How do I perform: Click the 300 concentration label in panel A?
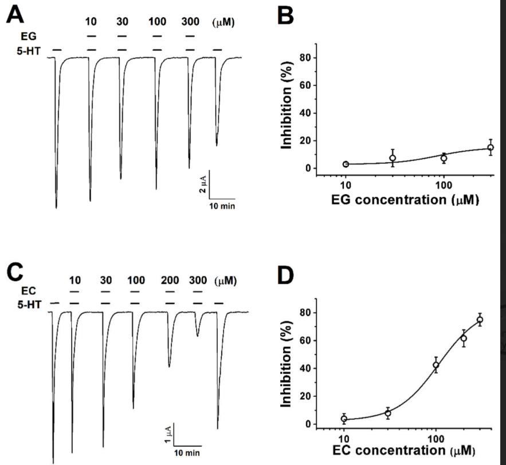191,22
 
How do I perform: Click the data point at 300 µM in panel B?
491,148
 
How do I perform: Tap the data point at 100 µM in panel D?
436,365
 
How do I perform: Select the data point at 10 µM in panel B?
346,164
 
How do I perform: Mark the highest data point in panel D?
480,320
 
